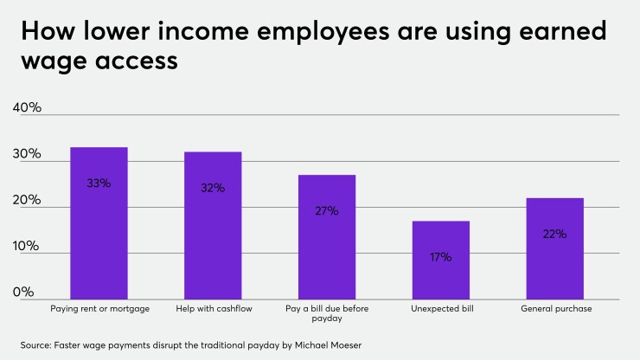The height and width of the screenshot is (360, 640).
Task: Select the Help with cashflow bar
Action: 213,225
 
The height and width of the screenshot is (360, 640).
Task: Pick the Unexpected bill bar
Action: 440,260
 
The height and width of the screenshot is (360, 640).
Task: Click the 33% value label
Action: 99,183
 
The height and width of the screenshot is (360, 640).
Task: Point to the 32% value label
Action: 213,188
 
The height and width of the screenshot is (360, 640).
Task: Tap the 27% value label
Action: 327,210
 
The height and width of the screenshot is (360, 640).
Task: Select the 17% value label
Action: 440,256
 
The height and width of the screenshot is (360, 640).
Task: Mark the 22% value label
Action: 554,234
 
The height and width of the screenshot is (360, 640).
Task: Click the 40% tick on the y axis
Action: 27,108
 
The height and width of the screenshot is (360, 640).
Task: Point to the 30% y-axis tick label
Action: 27,154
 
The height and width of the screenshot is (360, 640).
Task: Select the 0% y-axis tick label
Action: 23,292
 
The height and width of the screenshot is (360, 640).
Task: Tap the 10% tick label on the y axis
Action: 27,246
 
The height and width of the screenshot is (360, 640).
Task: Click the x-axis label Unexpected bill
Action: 440,308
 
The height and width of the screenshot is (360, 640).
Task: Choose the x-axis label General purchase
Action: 554,308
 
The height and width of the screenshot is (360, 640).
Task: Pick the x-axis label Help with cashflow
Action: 213,308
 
